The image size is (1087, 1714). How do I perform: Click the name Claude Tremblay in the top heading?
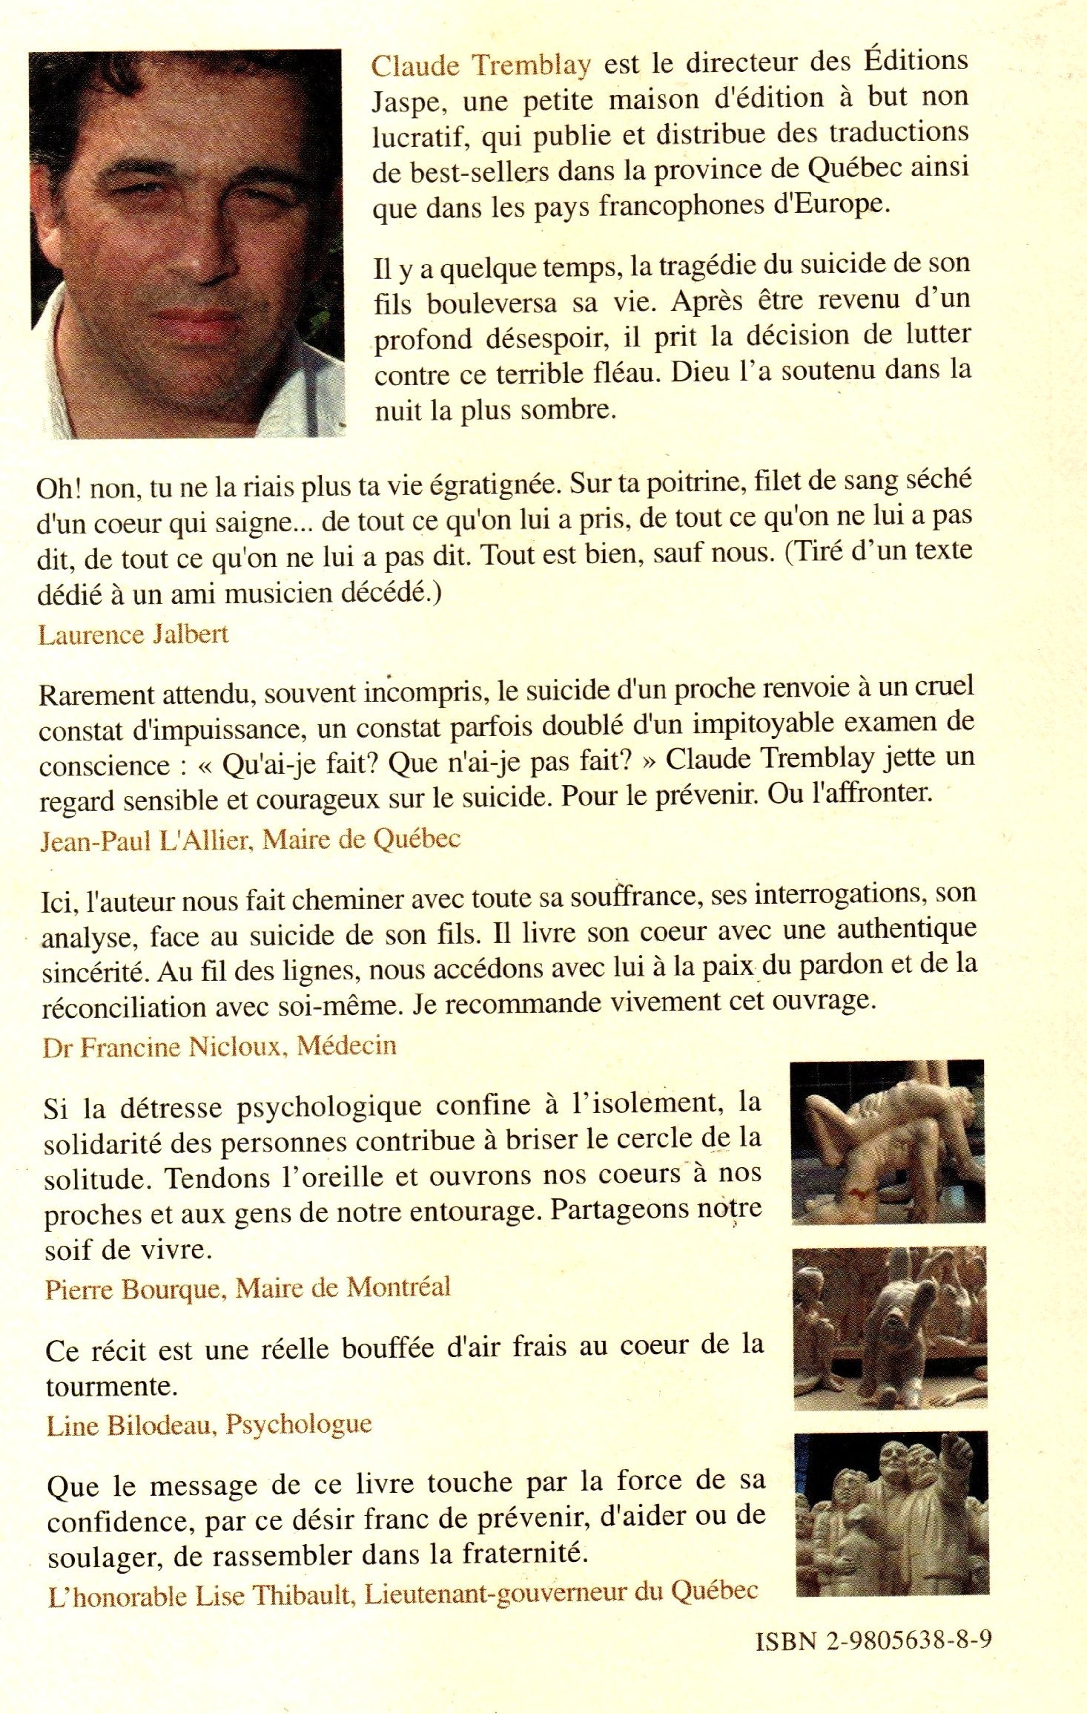pyautogui.click(x=480, y=65)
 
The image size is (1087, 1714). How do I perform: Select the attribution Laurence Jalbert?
pyautogui.click(x=133, y=634)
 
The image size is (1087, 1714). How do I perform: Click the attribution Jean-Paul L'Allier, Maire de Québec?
pyautogui.click(x=251, y=839)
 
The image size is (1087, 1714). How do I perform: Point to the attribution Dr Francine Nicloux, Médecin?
pyautogui.click(x=219, y=1046)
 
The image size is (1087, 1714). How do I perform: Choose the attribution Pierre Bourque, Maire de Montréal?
pyautogui.click(x=248, y=1288)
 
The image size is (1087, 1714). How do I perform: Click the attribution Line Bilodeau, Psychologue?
pyautogui.click(x=209, y=1424)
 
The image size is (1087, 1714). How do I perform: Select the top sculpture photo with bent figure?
pyautogui.click(x=888, y=1141)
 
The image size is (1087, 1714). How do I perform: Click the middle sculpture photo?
pyautogui.click(x=890, y=1328)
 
